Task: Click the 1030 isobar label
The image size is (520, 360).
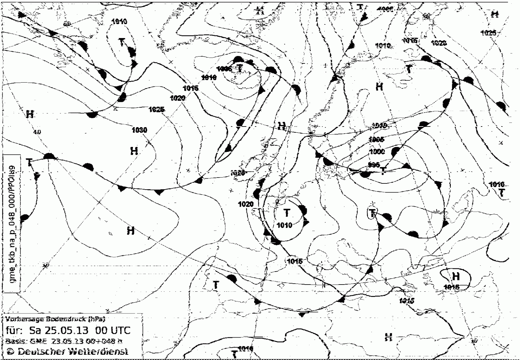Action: pos(139,130)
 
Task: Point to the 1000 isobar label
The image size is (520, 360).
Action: pos(377,152)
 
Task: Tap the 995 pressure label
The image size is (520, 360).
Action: pos(374,165)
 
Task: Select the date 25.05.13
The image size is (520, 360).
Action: pos(58,330)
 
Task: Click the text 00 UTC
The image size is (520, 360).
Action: pos(112,330)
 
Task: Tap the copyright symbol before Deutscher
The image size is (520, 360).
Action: pos(11,351)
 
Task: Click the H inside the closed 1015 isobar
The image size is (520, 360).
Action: pos(456,276)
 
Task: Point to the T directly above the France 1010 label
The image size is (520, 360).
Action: pos(287,213)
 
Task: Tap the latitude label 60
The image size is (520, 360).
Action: pos(67,24)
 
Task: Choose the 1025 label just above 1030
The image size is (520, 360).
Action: pos(156,110)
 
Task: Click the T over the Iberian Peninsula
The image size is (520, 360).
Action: pos(215,285)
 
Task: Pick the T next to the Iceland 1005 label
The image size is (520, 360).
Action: pos(240,68)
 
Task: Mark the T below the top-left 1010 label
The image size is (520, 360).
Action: pos(122,42)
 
